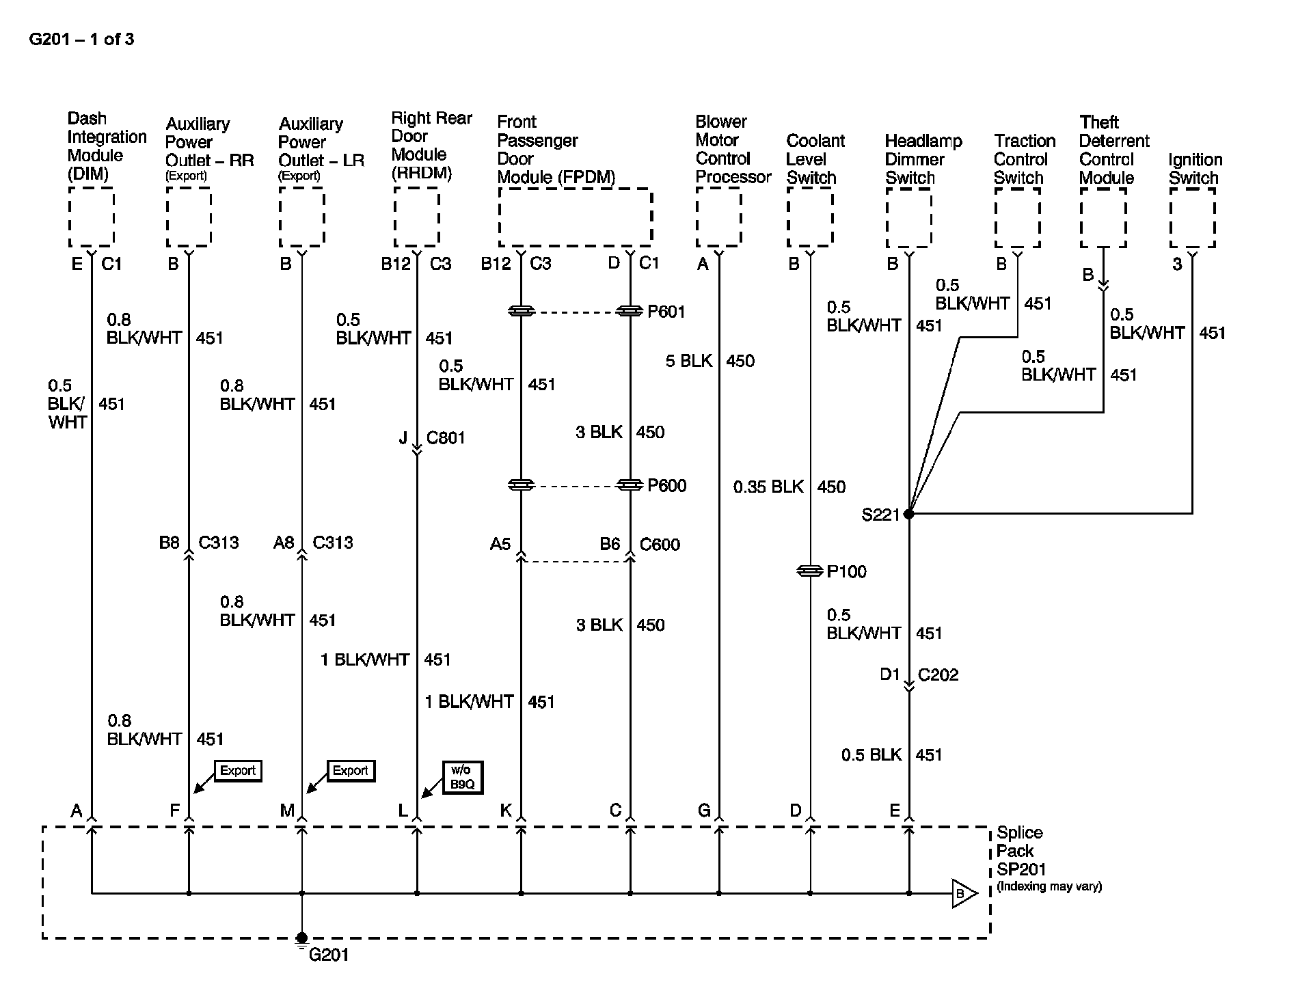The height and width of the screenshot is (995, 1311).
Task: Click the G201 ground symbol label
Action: [x=328, y=955]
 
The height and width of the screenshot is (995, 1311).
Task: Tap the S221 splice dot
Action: [x=908, y=514]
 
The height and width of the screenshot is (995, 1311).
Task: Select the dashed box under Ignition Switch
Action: [x=1192, y=217]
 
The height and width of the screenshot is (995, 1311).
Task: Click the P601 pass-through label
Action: [x=666, y=312]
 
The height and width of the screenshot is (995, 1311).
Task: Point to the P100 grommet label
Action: [x=846, y=572]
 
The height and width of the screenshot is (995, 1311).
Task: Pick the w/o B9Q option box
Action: [x=462, y=777]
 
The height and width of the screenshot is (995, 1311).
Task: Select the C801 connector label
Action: [x=446, y=438]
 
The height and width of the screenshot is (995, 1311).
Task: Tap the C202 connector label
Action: [x=938, y=675]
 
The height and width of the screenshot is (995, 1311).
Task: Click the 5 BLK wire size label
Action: [x=688, y=361]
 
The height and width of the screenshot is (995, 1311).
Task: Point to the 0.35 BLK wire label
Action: [x=768, y=487]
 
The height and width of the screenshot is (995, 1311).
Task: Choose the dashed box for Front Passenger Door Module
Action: [x=575, y=217]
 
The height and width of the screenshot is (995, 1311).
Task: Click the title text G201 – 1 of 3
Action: [x=81, y=40]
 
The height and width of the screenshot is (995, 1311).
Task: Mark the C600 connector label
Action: [x=660, y=545]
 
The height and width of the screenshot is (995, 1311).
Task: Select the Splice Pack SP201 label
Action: [x=1019, y=851]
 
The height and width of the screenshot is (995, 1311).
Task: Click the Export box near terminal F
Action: [x=237, y=771]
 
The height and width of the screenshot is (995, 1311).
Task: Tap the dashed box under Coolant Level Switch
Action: [x=809, y=217]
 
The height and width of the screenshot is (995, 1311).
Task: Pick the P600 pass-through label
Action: [x=666, y=486]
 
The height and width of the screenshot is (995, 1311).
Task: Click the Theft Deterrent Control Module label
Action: [x=1113, y=150]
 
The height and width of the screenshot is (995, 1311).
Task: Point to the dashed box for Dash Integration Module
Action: [x=91, y=217]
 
